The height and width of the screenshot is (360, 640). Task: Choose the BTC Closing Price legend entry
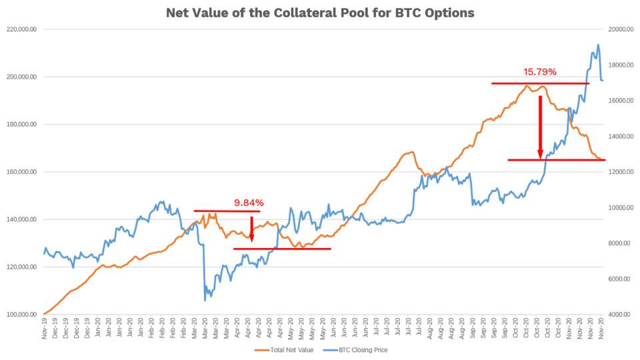click(361, 349)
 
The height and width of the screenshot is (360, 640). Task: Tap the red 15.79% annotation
click(539, 72)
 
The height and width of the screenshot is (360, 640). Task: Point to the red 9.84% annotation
click(249, 203)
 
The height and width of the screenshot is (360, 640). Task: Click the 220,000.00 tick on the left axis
click(23, 29)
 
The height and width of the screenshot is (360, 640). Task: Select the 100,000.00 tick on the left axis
click(23, 315)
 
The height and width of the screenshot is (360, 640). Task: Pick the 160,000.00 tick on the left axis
click(23, 172)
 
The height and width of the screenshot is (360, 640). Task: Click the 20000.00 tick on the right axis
click(620, 29)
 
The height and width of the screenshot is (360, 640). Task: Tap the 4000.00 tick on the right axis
click(620, 315)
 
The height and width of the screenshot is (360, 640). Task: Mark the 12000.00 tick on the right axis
click(620, 172)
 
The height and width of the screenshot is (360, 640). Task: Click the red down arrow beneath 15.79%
click(540, 127)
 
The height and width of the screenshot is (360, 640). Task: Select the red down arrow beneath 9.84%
click(251, 229)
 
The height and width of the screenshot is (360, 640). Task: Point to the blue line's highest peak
click(598, 45)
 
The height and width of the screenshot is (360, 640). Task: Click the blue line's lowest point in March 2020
click(205, 300)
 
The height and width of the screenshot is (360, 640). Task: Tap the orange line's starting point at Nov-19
click(44, 313)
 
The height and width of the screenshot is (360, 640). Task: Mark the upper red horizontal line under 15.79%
click(540, 83)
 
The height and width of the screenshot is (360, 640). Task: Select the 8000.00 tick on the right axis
click(620, 243)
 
